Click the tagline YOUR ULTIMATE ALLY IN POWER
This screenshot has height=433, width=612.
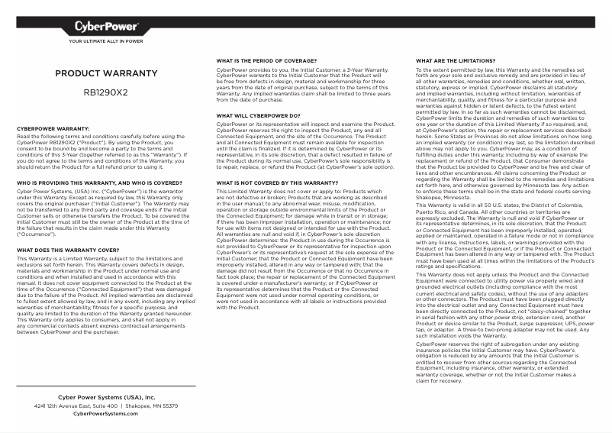106,42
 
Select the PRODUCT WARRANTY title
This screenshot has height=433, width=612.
106,73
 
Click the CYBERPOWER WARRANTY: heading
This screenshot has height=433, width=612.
53,128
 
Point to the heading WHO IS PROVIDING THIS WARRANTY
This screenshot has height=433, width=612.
99,183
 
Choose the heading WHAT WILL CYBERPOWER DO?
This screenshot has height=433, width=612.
258,115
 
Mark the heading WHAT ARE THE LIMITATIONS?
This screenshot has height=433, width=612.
456,60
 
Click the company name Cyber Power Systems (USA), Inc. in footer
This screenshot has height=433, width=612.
106,398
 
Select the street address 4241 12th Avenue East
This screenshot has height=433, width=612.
76,406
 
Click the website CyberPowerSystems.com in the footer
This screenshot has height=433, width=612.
106,414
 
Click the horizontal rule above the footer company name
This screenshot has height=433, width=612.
106,386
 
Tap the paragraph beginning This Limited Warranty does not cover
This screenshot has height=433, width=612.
293,249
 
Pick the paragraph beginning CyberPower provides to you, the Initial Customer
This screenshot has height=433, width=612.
293,83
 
